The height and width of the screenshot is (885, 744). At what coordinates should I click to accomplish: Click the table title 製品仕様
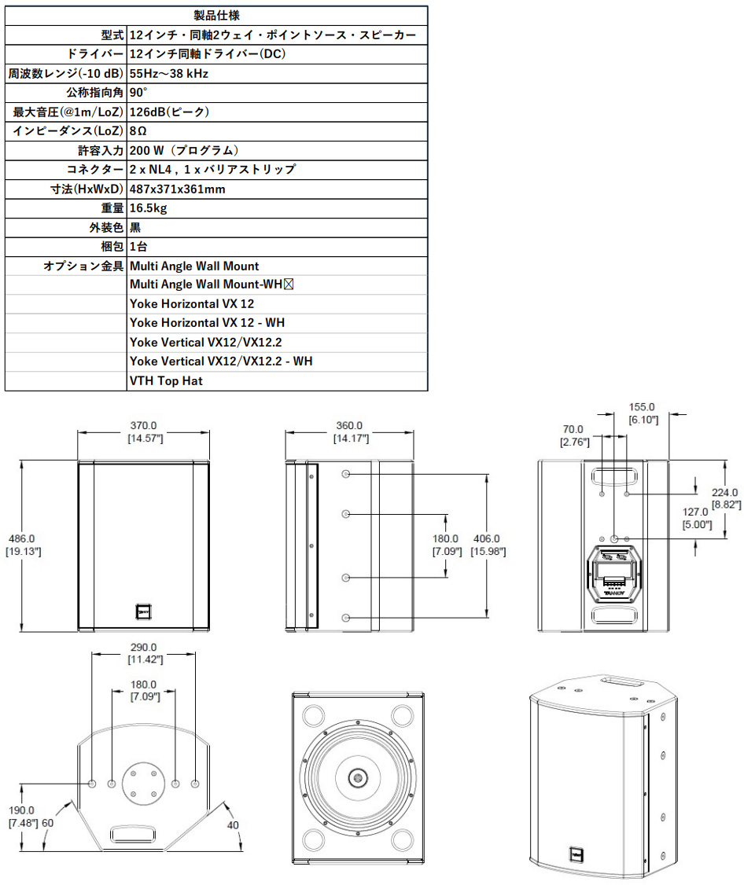tap(216, 15)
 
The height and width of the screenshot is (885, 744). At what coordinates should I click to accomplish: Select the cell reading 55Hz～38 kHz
tap(169, 73)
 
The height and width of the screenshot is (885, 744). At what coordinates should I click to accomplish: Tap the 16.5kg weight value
tap(148, 208)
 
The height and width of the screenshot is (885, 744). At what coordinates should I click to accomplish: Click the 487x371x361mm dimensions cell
tap(178, 189)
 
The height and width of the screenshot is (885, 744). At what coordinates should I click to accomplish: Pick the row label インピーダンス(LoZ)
tap(68, 131)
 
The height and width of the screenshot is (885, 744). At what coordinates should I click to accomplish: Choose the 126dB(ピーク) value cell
tap(169, 112)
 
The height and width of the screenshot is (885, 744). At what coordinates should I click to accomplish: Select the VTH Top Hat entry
tap(166, 381)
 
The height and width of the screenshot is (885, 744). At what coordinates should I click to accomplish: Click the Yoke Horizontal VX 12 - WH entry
tap(208, 323)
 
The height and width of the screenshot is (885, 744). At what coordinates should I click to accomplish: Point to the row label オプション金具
tap(83, 266)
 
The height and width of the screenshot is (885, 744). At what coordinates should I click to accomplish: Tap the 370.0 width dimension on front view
tap(143, 425)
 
